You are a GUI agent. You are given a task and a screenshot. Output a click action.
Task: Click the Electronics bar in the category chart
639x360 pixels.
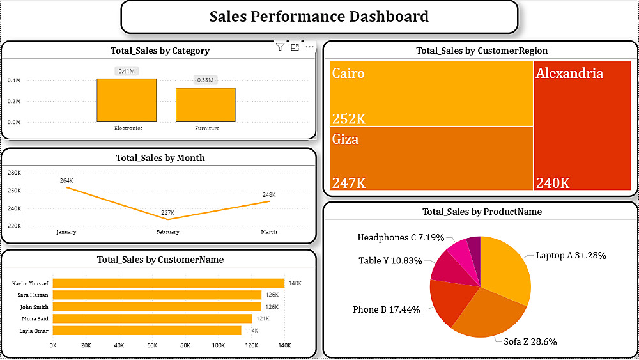click(x=127, y=100)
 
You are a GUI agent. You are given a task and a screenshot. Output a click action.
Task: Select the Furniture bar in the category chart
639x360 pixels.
click(x=206, y=105)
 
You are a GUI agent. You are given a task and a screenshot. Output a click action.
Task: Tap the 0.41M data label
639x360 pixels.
click(x=127, y=71)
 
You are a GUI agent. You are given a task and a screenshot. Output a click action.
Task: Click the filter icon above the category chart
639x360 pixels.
click(x=280, y=47)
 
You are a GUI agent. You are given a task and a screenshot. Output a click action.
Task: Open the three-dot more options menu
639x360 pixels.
click(x=310, y=47)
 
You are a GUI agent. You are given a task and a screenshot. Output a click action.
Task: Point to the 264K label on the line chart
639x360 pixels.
click(x=66, y=181)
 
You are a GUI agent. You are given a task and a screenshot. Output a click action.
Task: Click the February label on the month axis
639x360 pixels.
click(x=168, y=232)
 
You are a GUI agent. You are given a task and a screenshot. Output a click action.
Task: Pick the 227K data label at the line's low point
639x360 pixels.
click(x=168, y=212)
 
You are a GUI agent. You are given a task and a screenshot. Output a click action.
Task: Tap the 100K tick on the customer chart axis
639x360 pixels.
click(x=219, y=345)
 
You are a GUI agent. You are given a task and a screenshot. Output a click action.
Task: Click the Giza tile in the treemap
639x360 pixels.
click(x=431, y=159)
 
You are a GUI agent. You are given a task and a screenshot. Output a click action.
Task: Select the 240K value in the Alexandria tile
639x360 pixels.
click(x=553, y=183)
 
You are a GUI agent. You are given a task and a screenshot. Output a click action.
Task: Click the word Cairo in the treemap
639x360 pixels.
click(x=348, y=74)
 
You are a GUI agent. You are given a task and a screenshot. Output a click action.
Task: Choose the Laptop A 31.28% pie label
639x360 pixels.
click(x=571, y=255)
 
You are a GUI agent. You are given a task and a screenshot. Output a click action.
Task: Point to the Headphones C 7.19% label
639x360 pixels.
click(x=401, y=238)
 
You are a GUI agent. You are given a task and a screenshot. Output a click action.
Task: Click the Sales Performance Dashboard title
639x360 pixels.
click(x=319, y=17)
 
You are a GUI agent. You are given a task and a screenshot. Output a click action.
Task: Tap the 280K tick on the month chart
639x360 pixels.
click(x=14, y=173)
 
